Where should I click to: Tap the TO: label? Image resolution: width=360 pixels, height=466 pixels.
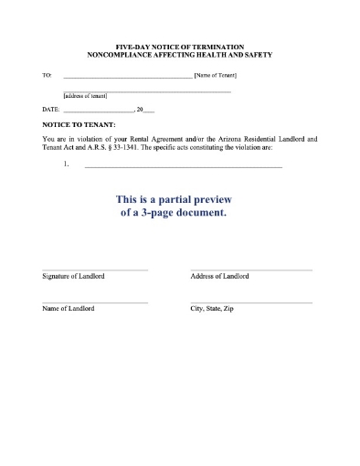click(x=48, y=76)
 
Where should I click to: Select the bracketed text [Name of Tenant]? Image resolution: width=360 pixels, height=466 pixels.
click(x=217, y=76)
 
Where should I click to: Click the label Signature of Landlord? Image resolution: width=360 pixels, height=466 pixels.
click(x=73, y=276)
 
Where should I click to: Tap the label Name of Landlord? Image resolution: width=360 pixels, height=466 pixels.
click(x=68, y=309)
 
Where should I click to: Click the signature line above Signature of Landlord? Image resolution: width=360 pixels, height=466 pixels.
click(x=95, y=270)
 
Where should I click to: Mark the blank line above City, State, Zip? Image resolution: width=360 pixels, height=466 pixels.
click(x=251, y=302)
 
